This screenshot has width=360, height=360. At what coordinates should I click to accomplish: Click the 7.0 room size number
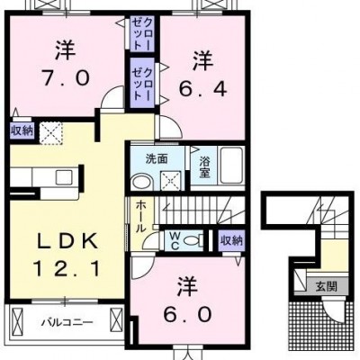coord(65,78)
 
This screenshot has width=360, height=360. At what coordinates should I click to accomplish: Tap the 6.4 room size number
coord(202,88)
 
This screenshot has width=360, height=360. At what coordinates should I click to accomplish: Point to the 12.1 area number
coord(66,268)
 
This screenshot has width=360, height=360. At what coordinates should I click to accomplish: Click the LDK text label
coord(67,241)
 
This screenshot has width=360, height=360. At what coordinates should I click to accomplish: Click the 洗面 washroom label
coord(157,158)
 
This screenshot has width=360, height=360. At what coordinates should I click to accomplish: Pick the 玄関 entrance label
coord(326,287)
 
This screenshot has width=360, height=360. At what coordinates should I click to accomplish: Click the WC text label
coord(175,241)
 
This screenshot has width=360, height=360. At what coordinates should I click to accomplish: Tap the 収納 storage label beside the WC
coord(231,240)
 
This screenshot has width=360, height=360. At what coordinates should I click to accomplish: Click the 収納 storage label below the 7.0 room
coord(22,130)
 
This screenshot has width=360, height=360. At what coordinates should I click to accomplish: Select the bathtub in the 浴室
coord(231,166)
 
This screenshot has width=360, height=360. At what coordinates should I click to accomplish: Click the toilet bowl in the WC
coord(192,240)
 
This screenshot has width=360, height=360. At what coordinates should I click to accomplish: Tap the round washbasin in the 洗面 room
coord(142,182)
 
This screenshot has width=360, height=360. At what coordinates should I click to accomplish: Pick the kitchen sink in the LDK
coord(63,177)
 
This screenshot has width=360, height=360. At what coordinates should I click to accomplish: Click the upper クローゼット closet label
coord(143,33)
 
